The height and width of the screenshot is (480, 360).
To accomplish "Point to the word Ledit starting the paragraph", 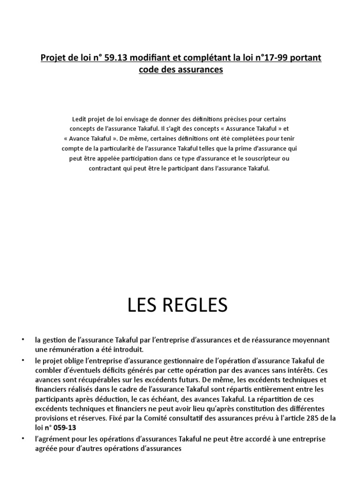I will click(81, 119).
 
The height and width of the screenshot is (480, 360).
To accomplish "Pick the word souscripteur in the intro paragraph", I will click(264, 158).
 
